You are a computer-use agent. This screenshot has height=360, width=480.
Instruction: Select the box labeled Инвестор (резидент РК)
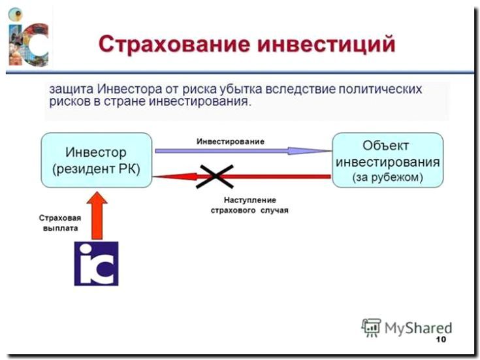click(x=96, y=161)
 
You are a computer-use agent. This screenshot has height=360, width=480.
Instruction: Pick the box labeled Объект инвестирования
click(x=387, y=161)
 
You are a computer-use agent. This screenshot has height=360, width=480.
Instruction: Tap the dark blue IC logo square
click(x=96, y=263)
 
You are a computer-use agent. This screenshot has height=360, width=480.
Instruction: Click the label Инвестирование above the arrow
click(x=231, y=141)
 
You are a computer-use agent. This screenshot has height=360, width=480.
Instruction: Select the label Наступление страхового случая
click(x=249, y=205)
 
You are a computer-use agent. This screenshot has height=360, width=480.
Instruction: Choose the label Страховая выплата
click(x=57, y=223)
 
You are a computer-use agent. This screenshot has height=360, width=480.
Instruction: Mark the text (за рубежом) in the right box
click(x=387, y=177)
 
